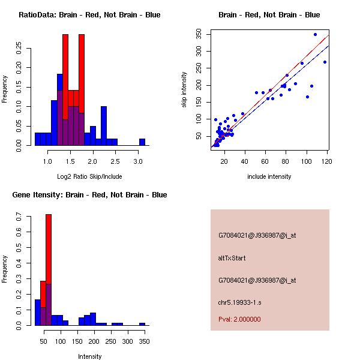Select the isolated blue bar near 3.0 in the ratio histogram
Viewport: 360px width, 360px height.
pos(142,142)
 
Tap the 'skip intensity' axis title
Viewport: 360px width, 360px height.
pos(184,90)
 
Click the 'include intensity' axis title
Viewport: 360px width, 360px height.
pos(269,177)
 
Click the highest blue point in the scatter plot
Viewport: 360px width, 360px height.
pos(315,34)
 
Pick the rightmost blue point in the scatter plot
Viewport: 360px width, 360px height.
pos(325,62)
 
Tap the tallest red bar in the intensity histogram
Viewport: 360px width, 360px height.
pos(49,270)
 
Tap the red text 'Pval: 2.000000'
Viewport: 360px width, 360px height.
pos(239,319)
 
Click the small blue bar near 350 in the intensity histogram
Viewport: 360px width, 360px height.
pos(142,324)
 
